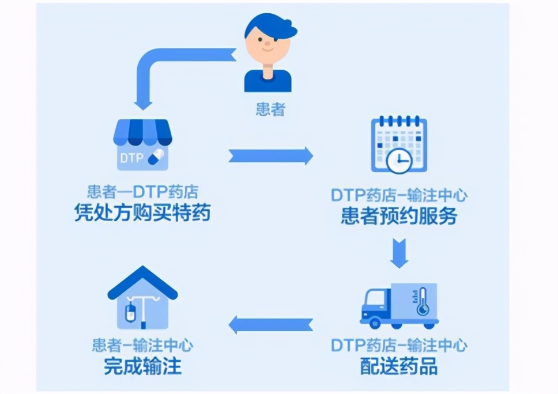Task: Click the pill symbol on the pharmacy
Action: pyautogui.click(x=156, y=156)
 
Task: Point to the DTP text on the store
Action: pyautogui.click(x=131, y=157)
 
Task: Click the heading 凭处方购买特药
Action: pyautogui.click(x=142, y=214)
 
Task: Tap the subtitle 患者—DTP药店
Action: pyautogui.click(x=142, y=192)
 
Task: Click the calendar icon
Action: pyautogui.click(x=398, y=144)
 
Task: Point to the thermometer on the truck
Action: pyautogui.click(x=423, y=301)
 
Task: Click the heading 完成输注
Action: pyautogui.click(x=142, y=367)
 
